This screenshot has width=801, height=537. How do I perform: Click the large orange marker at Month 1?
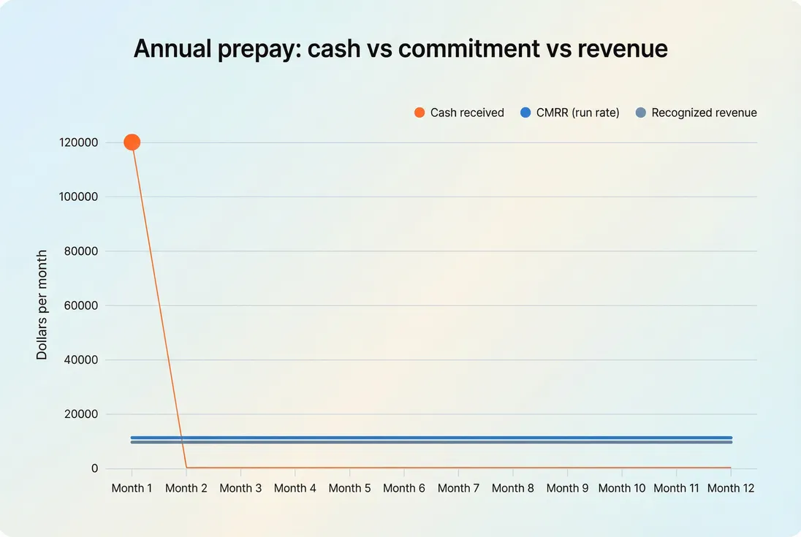(x=132, y=142)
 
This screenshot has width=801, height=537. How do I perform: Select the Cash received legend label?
(x=467, y=113)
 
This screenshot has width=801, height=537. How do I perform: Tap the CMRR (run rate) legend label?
(x=577, y=113)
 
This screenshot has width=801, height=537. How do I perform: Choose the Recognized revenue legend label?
(x=704, y=113)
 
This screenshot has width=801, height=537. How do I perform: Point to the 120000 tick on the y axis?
(x=79, y=142)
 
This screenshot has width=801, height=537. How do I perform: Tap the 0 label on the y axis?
(x=94, y=468)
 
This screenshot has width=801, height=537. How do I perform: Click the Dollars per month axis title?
(x=42, y=305)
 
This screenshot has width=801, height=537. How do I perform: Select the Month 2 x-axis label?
(x=186, y=488)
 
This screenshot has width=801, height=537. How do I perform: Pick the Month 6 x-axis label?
(x=404, y=488)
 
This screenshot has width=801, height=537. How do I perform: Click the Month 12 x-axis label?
(x=730, y=488)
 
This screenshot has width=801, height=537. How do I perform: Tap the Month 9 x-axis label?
(x=567, y=488)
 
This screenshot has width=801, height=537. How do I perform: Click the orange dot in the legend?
(x=420, y=113)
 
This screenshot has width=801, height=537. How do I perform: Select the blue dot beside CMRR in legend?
(x=525, y=113)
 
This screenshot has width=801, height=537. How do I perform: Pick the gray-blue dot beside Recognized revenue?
(x=641, y=113)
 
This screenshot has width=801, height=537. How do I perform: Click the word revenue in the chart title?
(x=622, y=48)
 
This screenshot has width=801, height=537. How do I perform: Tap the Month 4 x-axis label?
(x=295, y=488)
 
